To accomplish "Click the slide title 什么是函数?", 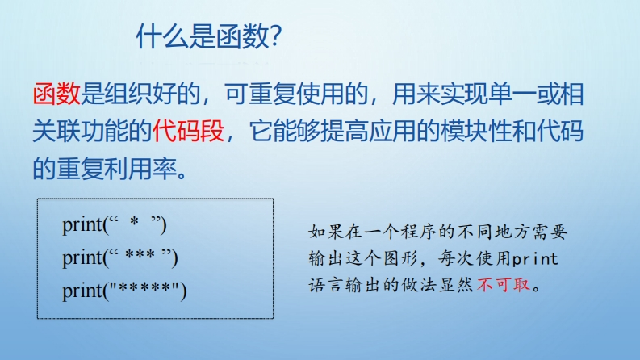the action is [x=209, y=36].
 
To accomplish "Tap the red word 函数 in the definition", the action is [x=56, y=94].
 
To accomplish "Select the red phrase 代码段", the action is [x=189, y=131].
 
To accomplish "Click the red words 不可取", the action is [x=504, y=284].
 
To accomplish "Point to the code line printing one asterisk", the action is [x=115, y=225].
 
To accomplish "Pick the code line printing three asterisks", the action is [x=120, y=258].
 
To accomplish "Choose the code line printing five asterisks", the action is [x=124, y=291].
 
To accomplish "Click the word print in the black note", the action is [x=535, y=258].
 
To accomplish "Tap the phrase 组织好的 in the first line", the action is [x=153, y=94].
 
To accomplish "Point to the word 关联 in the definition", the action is [x=56, y=131].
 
